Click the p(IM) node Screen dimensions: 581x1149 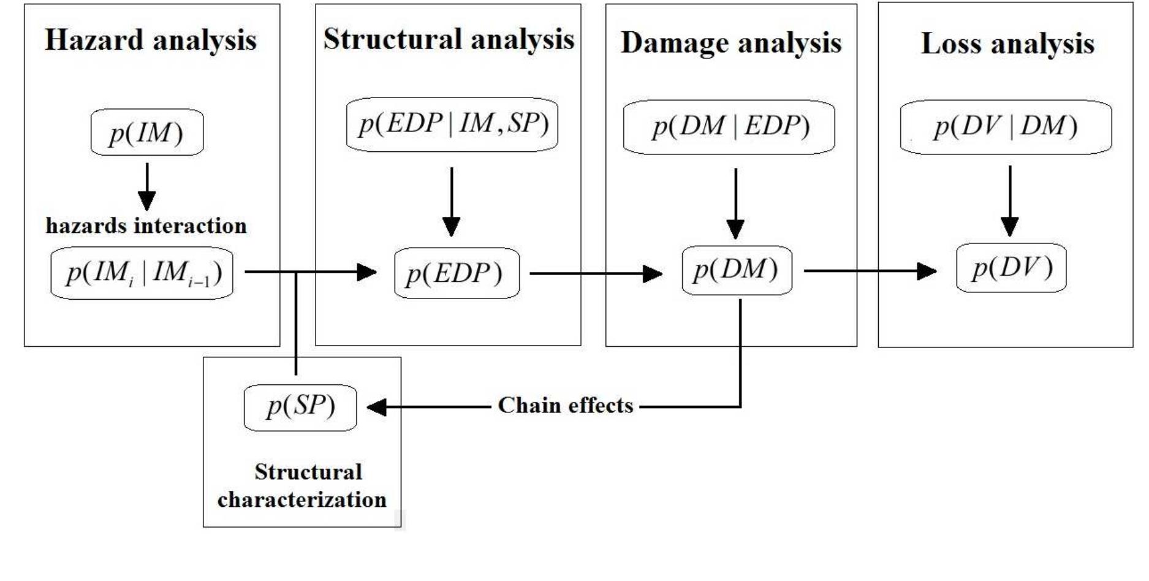pos(146,132)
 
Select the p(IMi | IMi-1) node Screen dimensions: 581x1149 pos(142,273)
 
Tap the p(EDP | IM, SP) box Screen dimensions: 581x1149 pos(452,124)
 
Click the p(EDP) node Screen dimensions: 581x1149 pos(457,273)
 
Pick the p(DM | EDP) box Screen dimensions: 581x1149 pos(729,127)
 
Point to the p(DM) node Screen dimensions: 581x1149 pos(737,270)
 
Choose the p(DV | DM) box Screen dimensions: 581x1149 pos(1006,127)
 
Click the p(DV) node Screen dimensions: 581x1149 pos(1011,268)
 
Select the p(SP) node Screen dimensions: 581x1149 pos(300,407)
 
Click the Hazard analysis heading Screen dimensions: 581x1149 pos(151,40)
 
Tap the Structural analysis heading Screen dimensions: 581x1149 pos(449,39)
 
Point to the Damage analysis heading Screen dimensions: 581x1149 pos(731,43)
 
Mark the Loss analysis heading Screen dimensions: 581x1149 pos(1007,44)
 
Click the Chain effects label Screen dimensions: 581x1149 pos(565,406)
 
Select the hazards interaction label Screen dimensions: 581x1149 pos(146,226)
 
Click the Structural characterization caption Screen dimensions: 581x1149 pos(302,486)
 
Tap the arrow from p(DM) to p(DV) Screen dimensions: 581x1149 pos(870,270)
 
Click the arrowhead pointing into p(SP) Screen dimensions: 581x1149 pos(376,407)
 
